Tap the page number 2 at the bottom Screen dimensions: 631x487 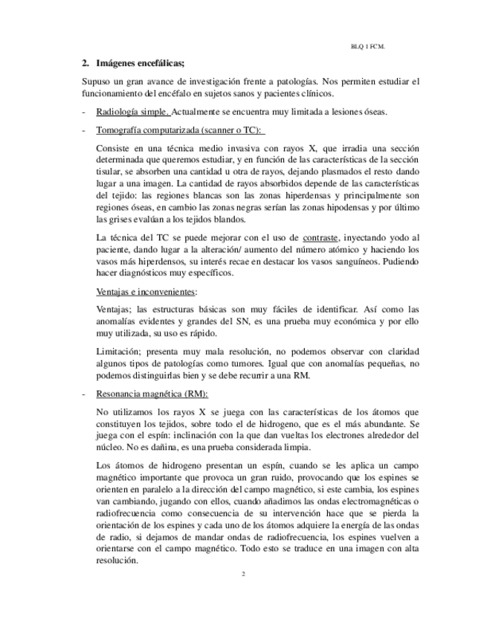243,574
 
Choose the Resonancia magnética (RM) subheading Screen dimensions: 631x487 152,394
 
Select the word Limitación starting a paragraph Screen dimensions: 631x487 120,351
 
